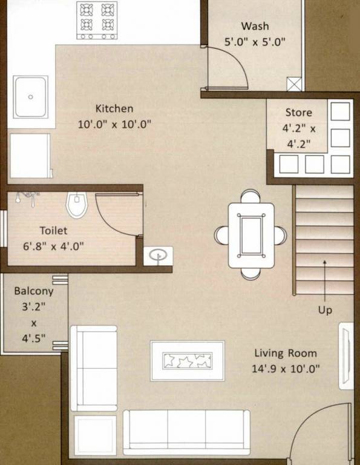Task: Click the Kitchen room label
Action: coord(114,109)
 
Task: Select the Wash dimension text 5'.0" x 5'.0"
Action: coord(254,42)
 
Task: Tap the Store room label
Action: coord(299,113)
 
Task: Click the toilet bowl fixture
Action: coord(77,205)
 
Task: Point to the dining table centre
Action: coord(250,235)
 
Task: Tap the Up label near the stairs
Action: coord(325,310)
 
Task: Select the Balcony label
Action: coord(34,291)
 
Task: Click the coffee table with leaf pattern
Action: coord(188,361)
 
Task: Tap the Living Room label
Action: coord(286,354)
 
